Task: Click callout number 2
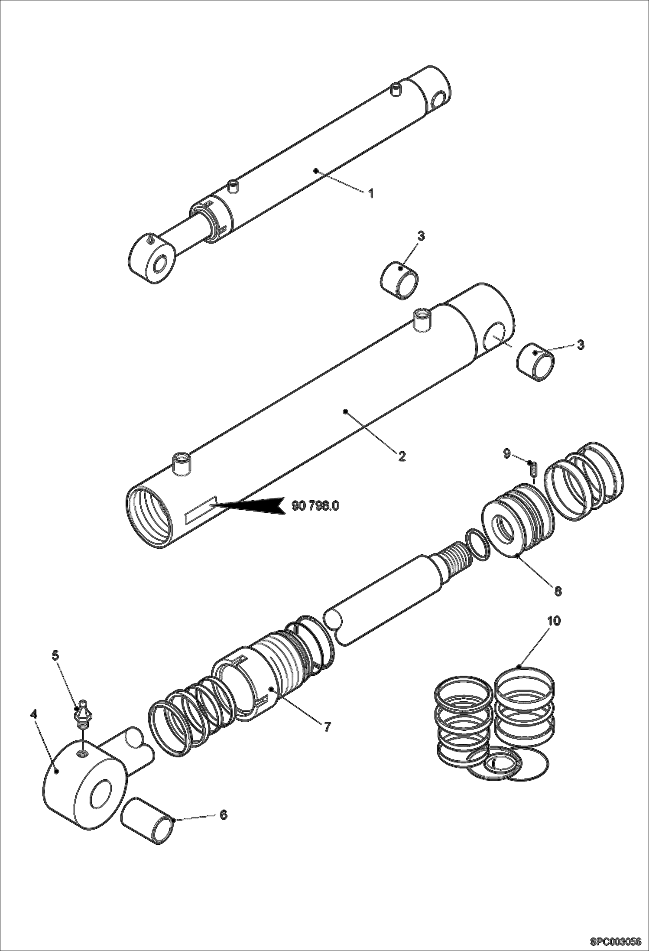click(x=402, y=456)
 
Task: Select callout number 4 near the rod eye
click(x=34, y=714)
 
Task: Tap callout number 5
click(x=55, y=668)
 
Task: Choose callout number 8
click(x=558, y=590)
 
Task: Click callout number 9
click(x=506, y=454)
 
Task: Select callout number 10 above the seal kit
click(x=553, y=621)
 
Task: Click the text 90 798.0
click(x=315, y=506)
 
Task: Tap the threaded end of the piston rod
click(x=455, y=557)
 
